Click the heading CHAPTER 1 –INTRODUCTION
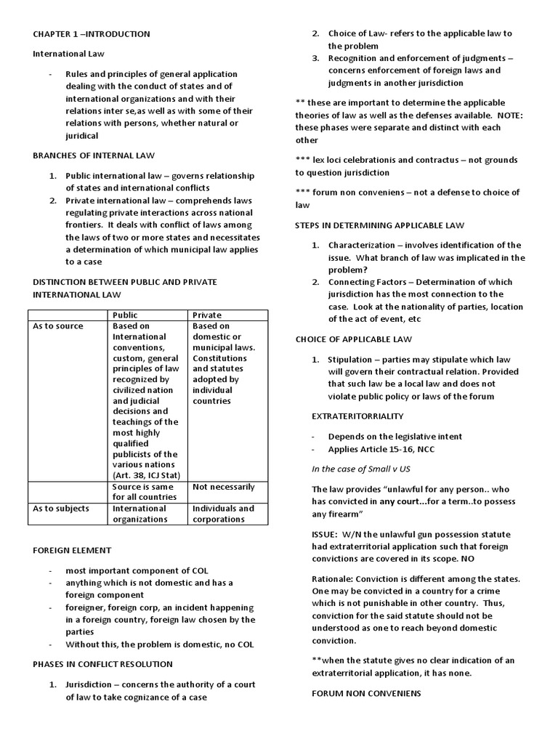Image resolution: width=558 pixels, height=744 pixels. coord(92,33)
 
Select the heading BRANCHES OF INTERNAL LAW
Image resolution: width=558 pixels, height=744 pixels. coord(93,155)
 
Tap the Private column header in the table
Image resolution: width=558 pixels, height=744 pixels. coord(206,315)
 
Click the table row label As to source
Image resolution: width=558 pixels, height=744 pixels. coord(58,326)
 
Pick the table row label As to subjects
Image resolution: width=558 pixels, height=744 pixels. coord(62,509)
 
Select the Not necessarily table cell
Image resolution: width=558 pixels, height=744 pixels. coord(223,487)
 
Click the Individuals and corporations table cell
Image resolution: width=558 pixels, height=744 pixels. coord(223,514)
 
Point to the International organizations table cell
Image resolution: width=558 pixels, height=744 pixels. coord(139,514)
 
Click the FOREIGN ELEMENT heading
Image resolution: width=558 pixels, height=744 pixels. coord(72,551)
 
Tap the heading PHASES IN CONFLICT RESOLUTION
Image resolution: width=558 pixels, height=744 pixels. coord(102,664)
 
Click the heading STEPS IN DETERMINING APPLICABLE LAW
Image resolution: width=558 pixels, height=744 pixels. coord(379,225)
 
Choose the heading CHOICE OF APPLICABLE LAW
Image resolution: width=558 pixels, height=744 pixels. coord(353,339)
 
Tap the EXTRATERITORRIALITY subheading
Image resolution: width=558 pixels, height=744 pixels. coord(357,416)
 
